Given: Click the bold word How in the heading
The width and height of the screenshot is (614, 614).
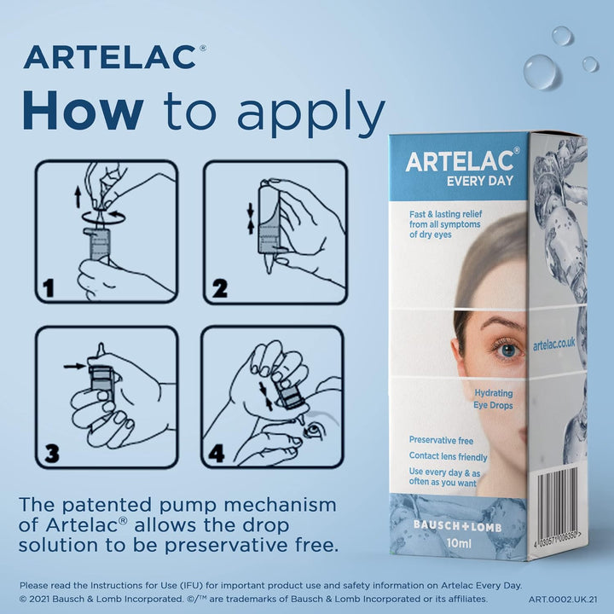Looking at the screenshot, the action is tap(83, 110).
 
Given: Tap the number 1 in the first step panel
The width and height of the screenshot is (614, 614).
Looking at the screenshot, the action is tap(49, 288).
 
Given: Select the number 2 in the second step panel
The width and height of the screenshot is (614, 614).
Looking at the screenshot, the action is tap(219, 288).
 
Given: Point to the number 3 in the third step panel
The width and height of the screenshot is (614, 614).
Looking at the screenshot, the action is tap(52, 453).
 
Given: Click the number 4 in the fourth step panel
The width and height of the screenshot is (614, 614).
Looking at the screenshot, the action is tap(217, 454).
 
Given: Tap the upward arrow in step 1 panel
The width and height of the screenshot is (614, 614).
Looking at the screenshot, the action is tap(78, 197).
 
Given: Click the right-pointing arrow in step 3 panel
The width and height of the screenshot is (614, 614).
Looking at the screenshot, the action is tap(75, 366).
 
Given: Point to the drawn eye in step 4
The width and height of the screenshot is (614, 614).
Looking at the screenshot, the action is tap(313, 431).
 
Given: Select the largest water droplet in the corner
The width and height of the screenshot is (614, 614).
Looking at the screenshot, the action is tap(540, 72).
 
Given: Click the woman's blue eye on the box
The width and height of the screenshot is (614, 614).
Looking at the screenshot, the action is tap(508, 350).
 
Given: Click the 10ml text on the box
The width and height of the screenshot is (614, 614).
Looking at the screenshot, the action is tap(459, 543).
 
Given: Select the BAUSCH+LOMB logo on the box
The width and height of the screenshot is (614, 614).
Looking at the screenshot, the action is tap(457, 526).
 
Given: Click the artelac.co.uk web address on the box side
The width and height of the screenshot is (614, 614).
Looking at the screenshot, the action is tap(554, 345).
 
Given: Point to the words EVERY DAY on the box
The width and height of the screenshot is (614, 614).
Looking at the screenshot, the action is tap(479, 181).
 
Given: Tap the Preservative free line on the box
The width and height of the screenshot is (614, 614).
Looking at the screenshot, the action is tap(441, 441).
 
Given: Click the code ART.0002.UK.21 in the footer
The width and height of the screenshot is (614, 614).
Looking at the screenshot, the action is tap(563, 600).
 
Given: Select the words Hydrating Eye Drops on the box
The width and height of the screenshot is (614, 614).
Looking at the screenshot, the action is tap(494, 399).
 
